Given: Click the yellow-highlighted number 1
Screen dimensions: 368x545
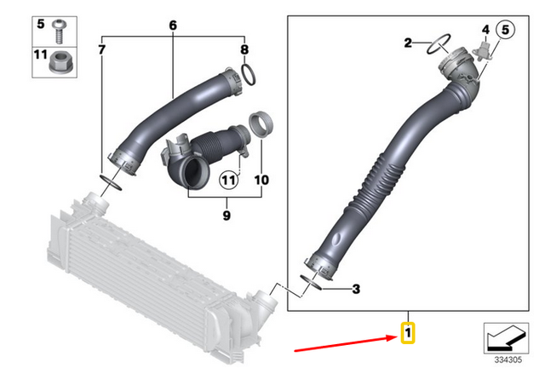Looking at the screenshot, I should (x=409, y=332).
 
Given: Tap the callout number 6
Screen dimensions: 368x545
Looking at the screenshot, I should (x=172, y=26).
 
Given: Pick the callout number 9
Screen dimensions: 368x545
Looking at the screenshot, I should (x=227, y=216).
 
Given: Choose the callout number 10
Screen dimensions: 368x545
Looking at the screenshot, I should (x=261, y=181).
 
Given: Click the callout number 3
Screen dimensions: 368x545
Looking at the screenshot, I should (x=356, y=290).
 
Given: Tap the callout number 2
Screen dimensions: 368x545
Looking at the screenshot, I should (x=407, y=43).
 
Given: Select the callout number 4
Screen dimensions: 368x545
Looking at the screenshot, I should (x=485, y=29).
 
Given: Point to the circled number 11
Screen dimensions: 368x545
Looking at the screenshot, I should (x=228, y=180).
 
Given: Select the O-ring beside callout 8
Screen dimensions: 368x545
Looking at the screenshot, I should (x=247, y=77).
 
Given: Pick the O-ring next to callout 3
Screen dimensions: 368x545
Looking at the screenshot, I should (x=312, y=282).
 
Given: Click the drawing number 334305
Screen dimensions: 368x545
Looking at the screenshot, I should (x=507, y=359).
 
